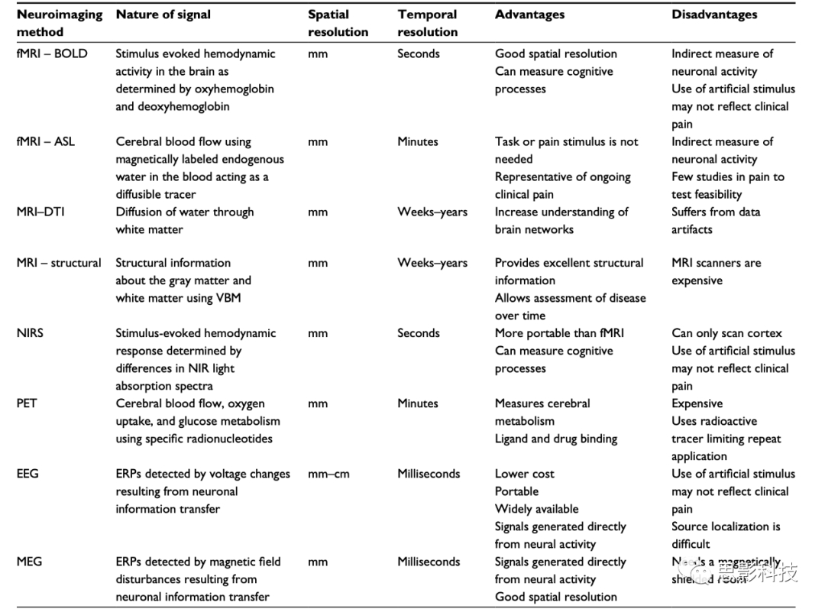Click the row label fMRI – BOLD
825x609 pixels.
click(52, 53)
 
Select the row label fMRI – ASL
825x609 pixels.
click(46, 141)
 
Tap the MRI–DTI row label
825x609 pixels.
click(40, 212)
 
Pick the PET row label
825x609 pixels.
click(27, 403)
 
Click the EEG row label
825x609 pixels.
click(27, 474)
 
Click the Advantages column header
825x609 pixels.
click(529, 15)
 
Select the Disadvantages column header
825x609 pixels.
click(714, 15)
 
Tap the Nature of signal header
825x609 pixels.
click(163, 15)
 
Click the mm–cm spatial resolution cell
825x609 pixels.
click(328, 474)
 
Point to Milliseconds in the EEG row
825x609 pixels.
click(429, 474)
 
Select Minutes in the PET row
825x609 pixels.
click(418, 403)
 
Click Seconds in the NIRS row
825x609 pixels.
click(419, 333)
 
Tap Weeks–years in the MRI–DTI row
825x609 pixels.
click(432, 212)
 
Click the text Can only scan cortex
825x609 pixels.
click(726, 333)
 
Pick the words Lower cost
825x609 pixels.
click(525, 474)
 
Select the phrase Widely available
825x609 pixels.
click(536, 509)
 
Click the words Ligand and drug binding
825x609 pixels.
click(555, 439)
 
